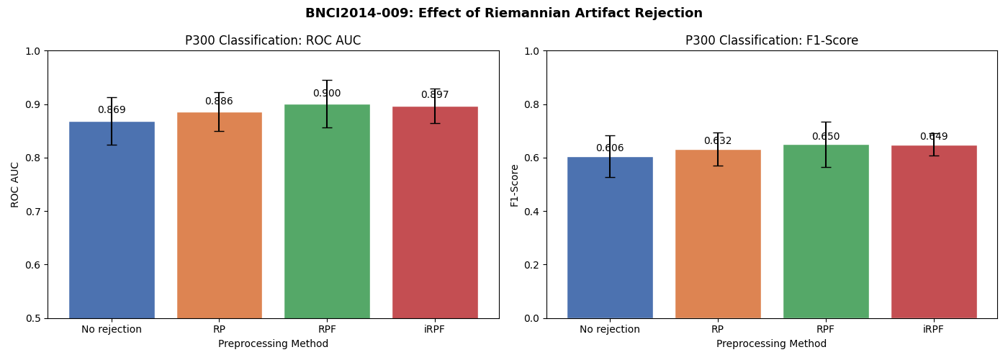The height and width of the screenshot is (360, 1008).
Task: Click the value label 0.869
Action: point(112,110)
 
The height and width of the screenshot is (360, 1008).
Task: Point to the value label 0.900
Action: point(327,94)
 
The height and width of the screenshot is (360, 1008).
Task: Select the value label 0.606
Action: point(610,148)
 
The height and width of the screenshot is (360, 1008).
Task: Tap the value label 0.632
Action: point(718,141)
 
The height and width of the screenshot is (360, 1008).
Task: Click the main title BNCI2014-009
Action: point(503,13)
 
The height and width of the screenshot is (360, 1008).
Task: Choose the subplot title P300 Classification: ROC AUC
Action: point(273,41)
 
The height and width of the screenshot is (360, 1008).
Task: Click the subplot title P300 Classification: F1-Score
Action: point(771,41)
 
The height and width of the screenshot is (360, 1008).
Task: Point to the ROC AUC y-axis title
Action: point(16,184)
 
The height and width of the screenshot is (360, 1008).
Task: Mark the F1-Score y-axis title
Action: point(515,185)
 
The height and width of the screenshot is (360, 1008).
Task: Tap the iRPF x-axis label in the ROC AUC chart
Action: point(435,330)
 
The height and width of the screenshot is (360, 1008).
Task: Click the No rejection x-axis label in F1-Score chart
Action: point(610,330)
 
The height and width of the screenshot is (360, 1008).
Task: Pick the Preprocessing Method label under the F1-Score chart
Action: point(771,344)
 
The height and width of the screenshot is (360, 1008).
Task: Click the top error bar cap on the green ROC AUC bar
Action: point(327,80)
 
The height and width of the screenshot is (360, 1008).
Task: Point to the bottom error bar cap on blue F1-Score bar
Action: point(610,177)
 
